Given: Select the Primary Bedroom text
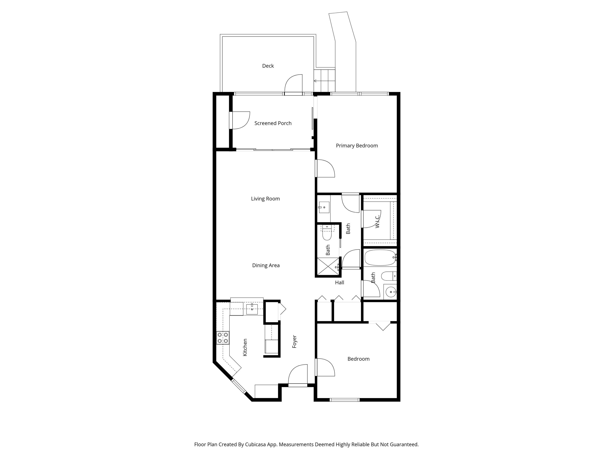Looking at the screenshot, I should [357, 146].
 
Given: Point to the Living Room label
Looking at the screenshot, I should [265, 199].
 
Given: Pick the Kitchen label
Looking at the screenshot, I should [245, 347].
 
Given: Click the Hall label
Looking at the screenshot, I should [339, 283].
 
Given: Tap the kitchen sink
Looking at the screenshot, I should [252, 309].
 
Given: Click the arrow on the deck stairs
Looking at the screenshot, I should [315, 81].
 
